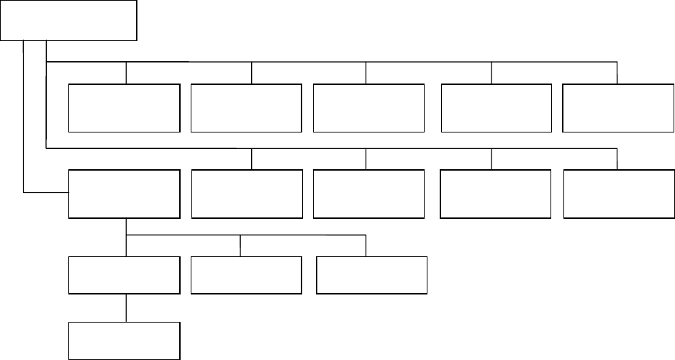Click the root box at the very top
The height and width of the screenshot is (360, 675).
pyautogui.click(x=68, y=20)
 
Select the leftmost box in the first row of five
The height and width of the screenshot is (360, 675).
pyautogui.click(x=124, y=108)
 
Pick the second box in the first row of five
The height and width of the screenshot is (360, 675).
pyautogui.click(x=246, y=108)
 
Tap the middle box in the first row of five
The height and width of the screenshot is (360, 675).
pyautogui.click(x=368, y=108)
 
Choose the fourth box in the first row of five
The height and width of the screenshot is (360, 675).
pyautogui.click(x=495, y=108)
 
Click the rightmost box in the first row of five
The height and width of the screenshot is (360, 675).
pyautogui.click(x=617, y=108)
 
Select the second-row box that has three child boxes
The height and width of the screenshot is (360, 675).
pyautogui.click(x=124, y=194)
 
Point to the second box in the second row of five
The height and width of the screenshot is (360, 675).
pyautogui.click(x=246, y=194)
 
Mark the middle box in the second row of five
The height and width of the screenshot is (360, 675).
pyautogui.click(x=368, y=194)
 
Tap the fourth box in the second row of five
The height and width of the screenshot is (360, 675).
pyautogui.click(x=495, y=194)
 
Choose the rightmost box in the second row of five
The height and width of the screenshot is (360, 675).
pyautogui.click(x=617, y=194)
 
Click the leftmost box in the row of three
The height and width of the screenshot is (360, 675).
pyautogui.click(x=124, y=275)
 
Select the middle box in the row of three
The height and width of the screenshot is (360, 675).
pyautogui.click(x=246, y=275)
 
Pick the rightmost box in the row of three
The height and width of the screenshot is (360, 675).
pyautogui.click(x=371, y=275)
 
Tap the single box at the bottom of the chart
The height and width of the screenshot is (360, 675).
pyautogui.click(x=124, y=340)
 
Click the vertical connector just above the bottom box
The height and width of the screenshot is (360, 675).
pyautogui.click(x=127, y=307)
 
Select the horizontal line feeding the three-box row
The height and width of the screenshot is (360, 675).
pyautogui.click(x=245, y=234)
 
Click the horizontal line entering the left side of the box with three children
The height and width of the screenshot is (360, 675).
pyautogui.click(x=46, y=192)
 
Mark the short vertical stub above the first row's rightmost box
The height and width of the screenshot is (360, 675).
pyautogui.click(x=617, y=73)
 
